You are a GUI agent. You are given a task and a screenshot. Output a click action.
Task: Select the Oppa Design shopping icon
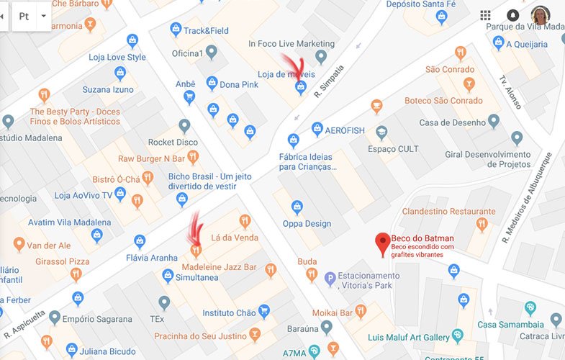point(297,207)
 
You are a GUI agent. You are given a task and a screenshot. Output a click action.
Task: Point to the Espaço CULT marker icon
point(381,132)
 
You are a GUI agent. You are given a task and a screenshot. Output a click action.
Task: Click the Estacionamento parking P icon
point(330,276)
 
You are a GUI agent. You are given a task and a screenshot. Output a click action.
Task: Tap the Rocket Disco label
point(172,143)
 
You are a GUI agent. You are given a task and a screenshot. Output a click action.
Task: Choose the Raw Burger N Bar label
point(152,158)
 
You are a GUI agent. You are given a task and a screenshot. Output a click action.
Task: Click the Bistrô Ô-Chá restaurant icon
point(148,177)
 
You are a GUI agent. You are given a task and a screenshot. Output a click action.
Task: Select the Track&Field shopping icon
point(175,30)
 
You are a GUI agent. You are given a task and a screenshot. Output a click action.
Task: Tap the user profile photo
point(541,15)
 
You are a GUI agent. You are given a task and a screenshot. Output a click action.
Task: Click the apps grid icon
point(486,15)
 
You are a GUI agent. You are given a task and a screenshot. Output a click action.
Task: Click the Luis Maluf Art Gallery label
point(409,337)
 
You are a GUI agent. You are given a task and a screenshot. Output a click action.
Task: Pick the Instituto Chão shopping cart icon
point(263,312)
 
